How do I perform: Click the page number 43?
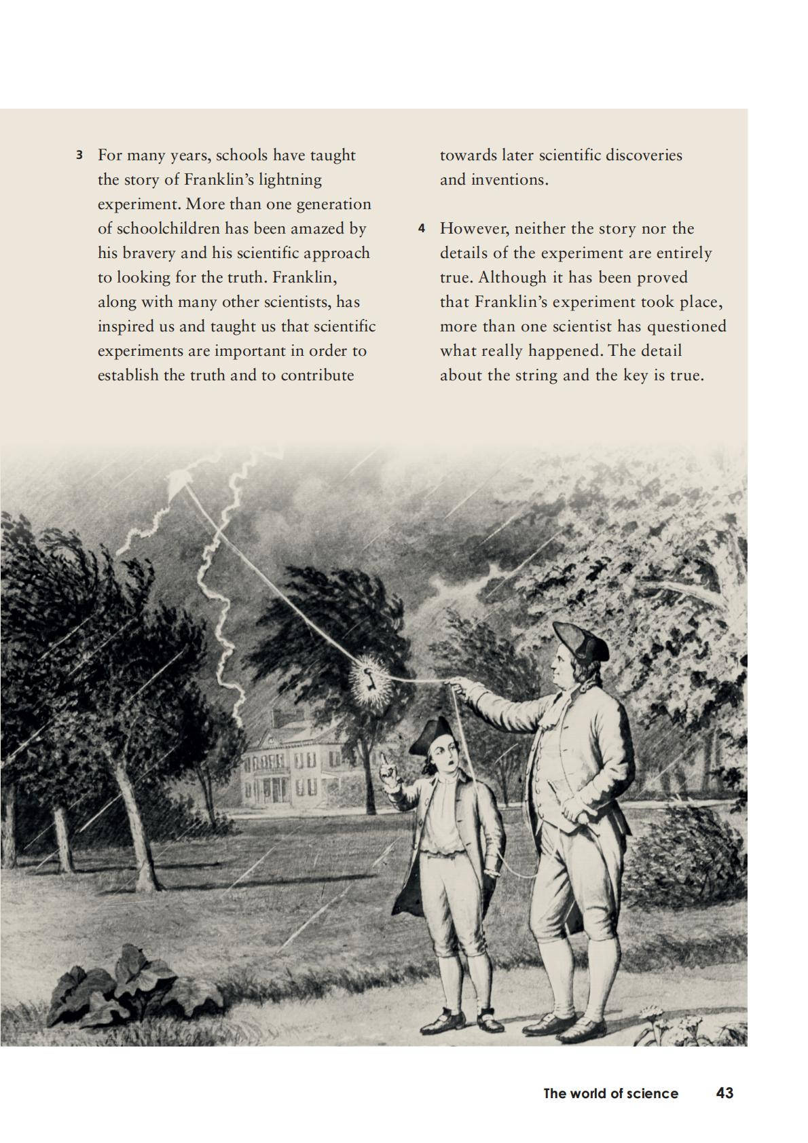tap(724, 1093)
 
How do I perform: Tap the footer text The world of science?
tap(610, 1093)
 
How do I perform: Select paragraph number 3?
tap(79, 156)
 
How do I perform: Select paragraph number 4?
tap(422, 229)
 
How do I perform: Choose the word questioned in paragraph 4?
tap(686, 327)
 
